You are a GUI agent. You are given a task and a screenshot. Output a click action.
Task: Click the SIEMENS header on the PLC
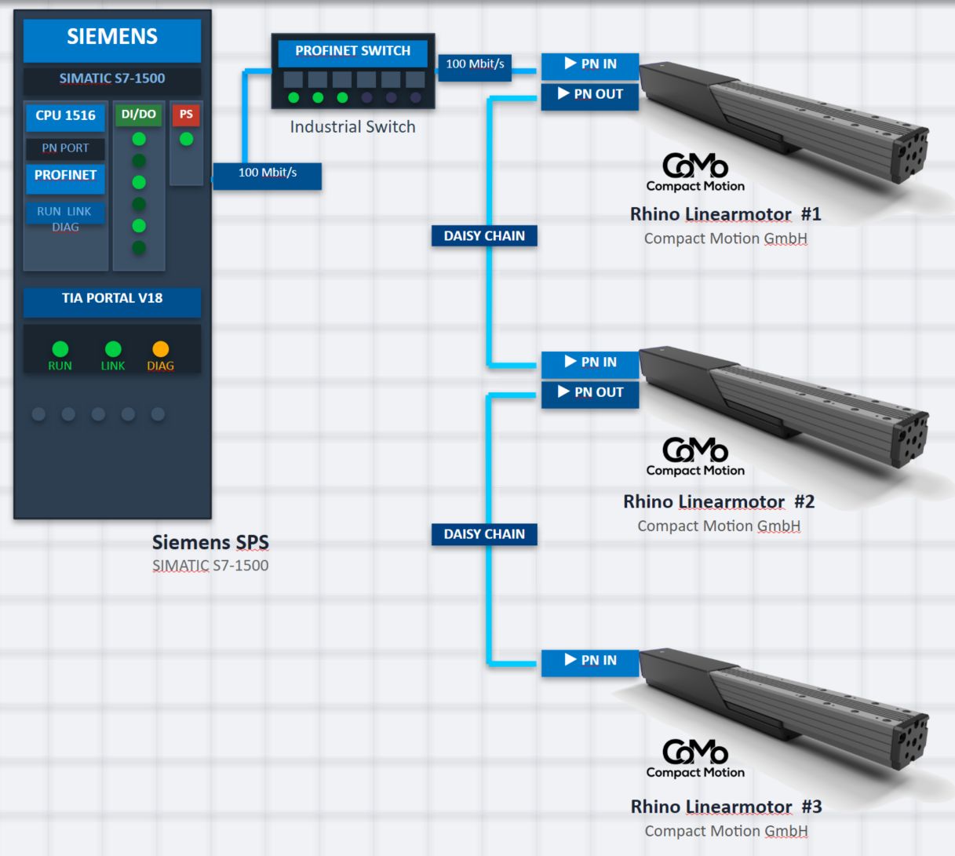112,41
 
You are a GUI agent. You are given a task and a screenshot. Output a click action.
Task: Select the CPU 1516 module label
65,116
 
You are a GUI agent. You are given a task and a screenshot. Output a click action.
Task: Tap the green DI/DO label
139,115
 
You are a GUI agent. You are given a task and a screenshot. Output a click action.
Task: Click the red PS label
186,115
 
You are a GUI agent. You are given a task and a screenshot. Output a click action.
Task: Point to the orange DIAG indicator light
160,349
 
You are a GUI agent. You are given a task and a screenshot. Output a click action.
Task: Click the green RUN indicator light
60,349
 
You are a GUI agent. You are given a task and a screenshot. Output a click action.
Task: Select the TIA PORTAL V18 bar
112,301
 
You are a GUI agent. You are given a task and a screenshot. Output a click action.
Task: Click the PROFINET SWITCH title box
352,53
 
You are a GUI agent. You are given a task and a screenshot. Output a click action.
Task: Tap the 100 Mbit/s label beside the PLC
268,177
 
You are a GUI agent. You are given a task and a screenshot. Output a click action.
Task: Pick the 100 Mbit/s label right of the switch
475,67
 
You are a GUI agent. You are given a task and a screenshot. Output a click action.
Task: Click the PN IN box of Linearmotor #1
590,66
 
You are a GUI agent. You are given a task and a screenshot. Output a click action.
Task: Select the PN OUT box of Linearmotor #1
590,97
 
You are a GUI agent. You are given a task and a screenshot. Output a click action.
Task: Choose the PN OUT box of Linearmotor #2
590,395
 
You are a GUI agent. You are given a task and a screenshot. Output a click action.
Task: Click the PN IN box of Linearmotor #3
590,663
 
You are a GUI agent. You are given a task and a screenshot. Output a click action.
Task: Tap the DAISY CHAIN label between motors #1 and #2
484,235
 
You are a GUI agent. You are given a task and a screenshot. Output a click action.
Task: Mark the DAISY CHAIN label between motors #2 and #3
484,534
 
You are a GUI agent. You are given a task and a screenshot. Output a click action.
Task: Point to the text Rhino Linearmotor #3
727,807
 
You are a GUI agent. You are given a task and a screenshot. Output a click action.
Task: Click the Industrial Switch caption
352,127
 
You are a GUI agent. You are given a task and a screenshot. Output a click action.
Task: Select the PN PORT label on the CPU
65,148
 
